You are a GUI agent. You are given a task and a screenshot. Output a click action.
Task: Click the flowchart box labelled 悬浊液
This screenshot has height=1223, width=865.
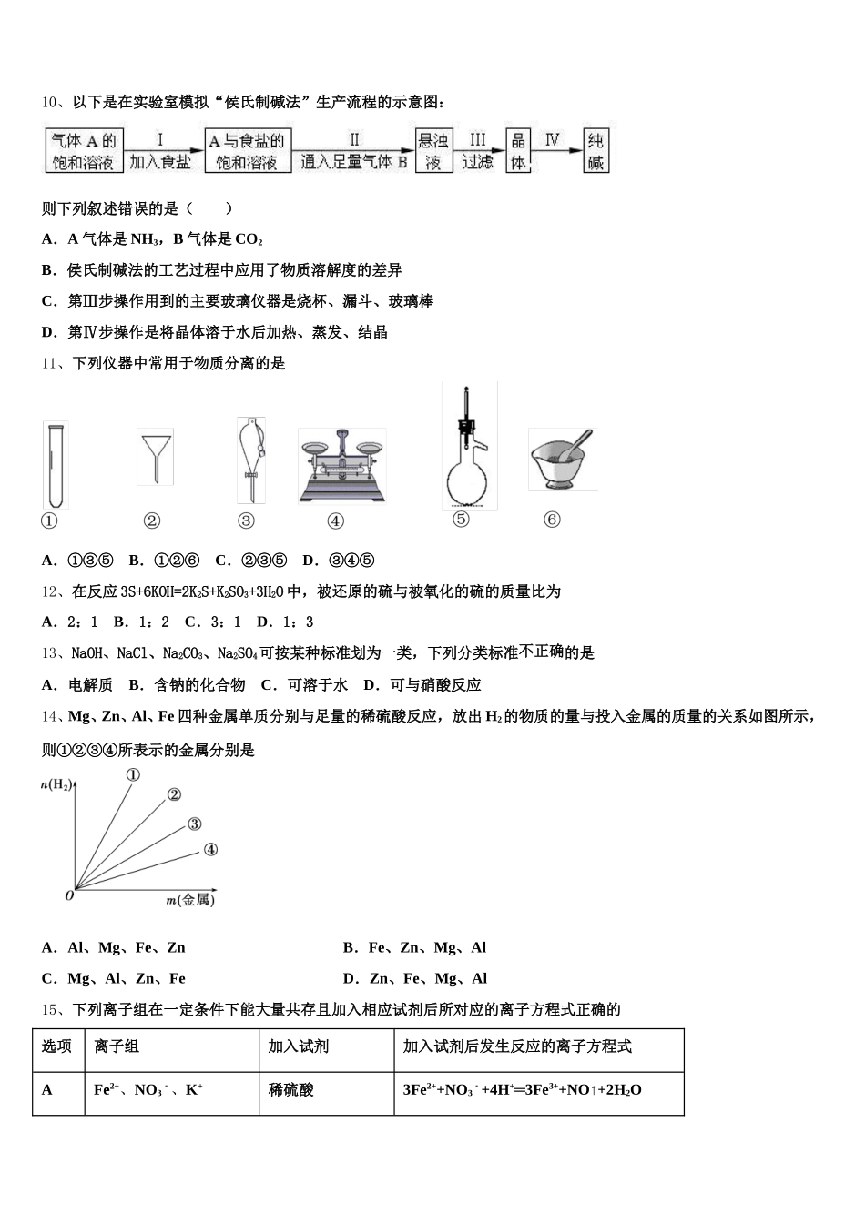434,151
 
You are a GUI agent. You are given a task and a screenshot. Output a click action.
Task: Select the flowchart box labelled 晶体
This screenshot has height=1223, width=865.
519,151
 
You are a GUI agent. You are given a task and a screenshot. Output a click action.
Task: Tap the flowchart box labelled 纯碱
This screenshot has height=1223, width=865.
595,151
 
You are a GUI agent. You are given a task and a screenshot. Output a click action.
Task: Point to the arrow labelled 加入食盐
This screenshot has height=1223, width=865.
162,150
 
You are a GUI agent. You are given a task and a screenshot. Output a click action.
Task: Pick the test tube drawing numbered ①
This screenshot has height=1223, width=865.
55,464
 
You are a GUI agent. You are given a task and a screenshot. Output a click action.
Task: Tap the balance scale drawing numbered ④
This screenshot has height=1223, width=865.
341,465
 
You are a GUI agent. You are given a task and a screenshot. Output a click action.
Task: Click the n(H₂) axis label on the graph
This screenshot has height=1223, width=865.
56,783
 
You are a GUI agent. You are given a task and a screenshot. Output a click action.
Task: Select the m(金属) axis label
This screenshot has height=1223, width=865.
190,900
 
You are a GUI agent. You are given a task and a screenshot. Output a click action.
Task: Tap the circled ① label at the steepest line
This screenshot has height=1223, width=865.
133,775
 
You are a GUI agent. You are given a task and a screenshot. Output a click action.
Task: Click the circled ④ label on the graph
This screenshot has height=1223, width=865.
210,850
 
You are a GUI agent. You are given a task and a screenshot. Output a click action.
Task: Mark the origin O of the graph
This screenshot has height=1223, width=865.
69,895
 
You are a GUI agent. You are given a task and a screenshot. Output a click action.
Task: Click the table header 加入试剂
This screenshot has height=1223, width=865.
299,1046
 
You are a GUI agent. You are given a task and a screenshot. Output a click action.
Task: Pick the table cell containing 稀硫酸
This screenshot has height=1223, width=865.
291,1089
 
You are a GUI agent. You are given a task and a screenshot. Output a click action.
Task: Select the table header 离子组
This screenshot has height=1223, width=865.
117,1046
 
